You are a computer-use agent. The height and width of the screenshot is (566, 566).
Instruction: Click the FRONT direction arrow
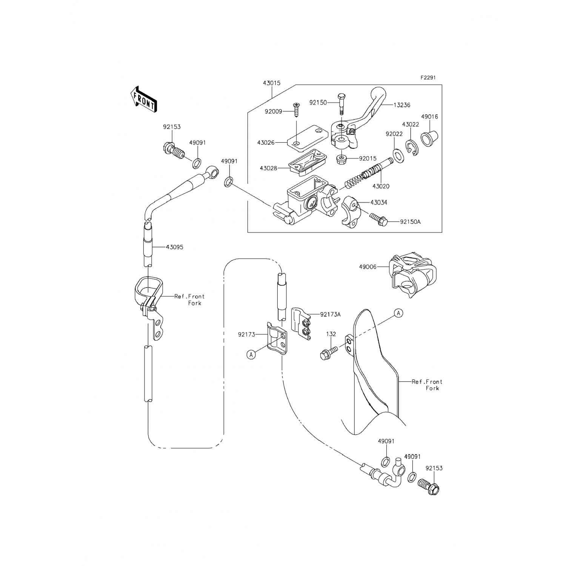tap(143, 99)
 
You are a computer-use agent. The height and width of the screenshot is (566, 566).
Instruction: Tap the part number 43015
tap(272, 83)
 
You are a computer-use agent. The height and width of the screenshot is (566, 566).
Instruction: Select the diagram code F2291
tap(428, 78)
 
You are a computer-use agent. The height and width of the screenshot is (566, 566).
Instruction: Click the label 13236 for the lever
tap(402, 105)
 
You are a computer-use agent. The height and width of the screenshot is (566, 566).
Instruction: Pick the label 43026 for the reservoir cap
tap(266, 143)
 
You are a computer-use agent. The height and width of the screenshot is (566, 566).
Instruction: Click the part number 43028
tap(269, 168)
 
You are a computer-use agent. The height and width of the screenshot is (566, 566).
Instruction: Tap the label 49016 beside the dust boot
tap(430, 117)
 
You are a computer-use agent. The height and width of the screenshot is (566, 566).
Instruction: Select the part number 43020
tap(381, 186)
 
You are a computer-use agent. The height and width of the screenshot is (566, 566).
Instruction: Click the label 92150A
tap(411, 222)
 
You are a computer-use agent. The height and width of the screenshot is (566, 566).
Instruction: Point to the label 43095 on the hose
tap(174, 247)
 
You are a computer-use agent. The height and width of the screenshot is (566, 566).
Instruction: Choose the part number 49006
tap(368, 267)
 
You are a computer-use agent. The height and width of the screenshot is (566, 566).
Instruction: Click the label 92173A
tap(330, 314)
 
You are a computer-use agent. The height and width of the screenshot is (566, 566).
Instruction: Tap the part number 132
tap(331, 334)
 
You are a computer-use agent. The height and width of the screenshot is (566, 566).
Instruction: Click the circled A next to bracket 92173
tap(252, 354)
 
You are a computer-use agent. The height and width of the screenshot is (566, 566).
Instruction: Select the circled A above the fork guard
tap(399, 313)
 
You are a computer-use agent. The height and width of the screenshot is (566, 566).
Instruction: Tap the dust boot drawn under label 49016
tap(429, 138)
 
